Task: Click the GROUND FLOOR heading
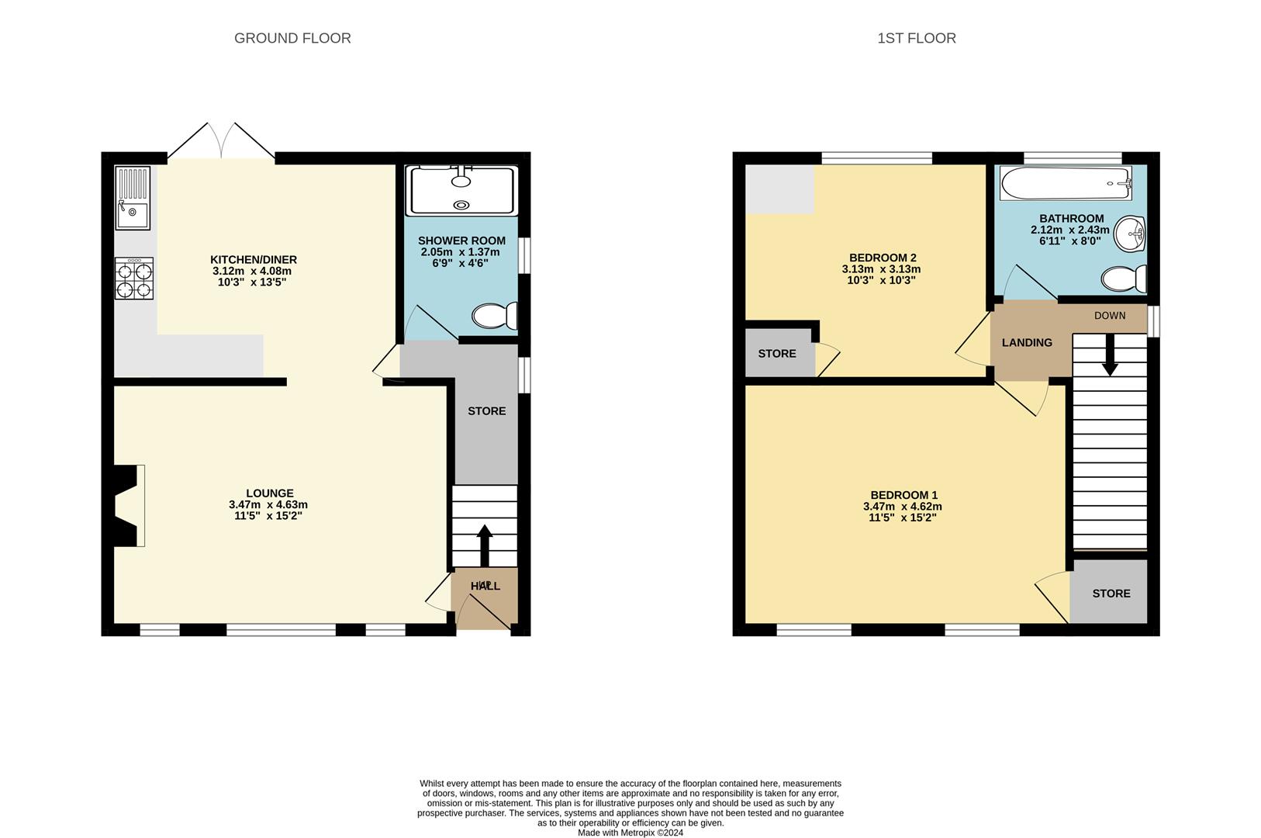pos(292,38)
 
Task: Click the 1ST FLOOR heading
pos(916,38)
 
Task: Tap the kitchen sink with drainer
pos(133,199)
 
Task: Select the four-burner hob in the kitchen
pos(134,279)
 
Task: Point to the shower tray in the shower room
pos(462,190)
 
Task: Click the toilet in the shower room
pos(494,316)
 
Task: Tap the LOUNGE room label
pos(269,493)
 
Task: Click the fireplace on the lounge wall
pos(129,505)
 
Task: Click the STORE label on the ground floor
pos(486,411)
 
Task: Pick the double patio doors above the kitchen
pos(222,142)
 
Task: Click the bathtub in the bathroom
pos(1065,184)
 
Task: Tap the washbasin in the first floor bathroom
pos(1131,234)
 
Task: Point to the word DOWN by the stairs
pos(1110,316)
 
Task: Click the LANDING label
pos(1027,342)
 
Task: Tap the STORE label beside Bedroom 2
pos(776,354)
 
